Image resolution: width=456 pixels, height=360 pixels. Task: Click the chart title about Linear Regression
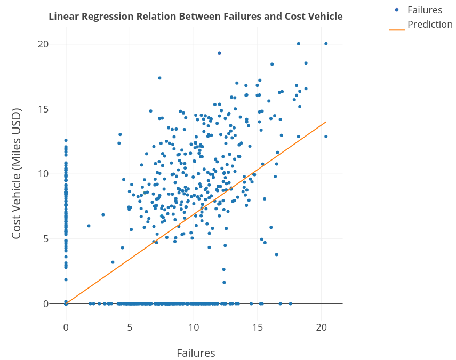coord(195,17)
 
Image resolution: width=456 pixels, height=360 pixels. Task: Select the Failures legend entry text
coord(425,10)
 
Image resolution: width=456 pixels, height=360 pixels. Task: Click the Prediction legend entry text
coord(430,25)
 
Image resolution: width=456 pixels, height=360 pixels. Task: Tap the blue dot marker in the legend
coord(397,10)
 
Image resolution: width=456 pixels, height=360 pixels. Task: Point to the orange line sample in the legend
coord(397,30)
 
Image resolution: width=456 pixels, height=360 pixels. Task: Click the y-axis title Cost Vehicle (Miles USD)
coord(17,174)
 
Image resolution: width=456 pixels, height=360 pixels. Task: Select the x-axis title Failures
coord(196,353)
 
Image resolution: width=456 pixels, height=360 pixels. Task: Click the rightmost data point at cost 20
coord(326,44)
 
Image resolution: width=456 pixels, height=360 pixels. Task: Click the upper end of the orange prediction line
coord(325,122)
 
